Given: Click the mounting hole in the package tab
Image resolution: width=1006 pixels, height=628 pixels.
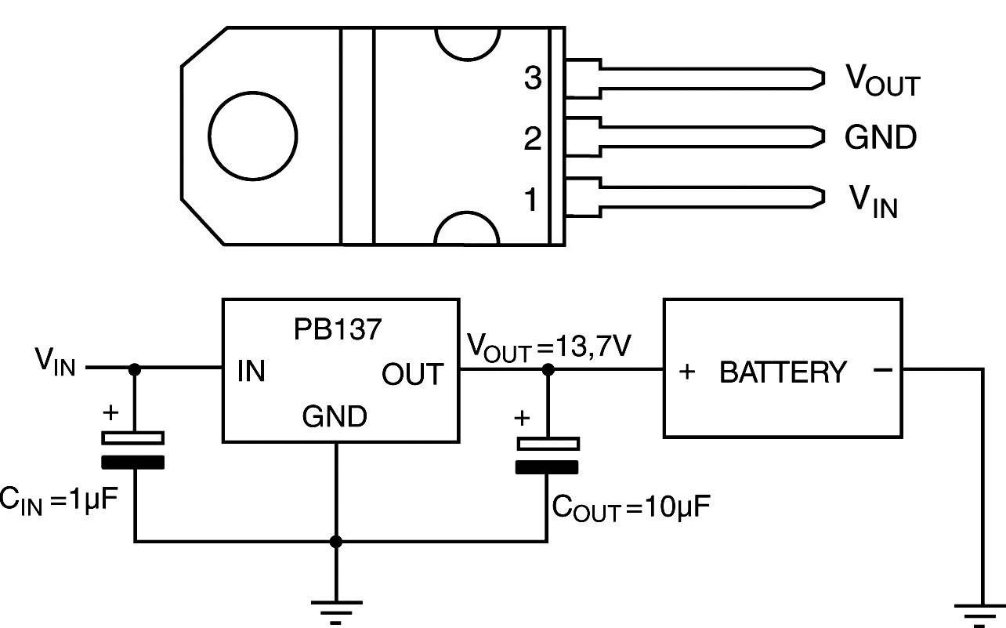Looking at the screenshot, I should [252, 136].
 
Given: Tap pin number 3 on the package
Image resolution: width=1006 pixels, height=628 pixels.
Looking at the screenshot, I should [533, 79].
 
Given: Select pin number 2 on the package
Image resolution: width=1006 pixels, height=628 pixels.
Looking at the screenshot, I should [533, 140].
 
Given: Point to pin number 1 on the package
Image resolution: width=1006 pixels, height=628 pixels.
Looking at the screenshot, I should [532, 201].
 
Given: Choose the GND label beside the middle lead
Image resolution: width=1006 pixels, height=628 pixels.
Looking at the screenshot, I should [881, 138].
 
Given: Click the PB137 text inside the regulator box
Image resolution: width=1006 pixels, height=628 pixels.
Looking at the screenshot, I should [338, 329].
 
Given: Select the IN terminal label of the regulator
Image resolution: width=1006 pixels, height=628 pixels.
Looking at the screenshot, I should [251, 372].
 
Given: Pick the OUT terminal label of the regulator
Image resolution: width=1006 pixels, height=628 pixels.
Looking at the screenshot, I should [413, 375].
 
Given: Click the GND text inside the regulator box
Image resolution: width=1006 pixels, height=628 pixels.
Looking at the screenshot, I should [335, 416].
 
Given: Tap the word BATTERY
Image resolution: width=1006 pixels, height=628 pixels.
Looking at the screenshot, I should [783, 372].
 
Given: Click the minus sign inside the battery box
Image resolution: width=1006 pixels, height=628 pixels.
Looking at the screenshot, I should [882, 370].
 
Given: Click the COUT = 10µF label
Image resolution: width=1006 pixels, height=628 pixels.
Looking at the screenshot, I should [631, 507].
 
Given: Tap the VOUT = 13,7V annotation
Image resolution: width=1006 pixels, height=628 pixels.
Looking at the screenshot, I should [548, 346].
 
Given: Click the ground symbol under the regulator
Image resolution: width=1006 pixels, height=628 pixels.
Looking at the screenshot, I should [336, 608].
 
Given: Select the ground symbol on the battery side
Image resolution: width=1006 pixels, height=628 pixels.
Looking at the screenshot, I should [979, 612].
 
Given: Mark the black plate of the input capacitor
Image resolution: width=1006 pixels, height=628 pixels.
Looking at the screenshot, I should [136, 462].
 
